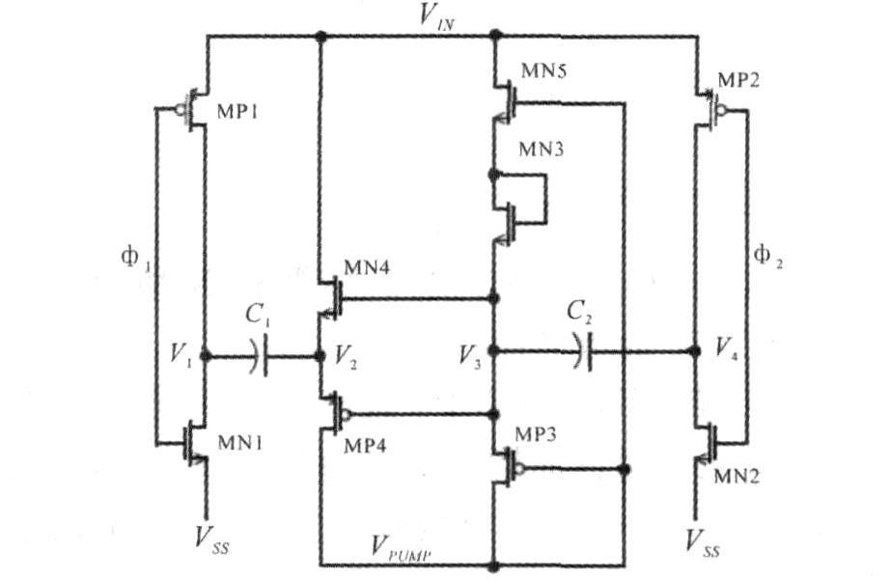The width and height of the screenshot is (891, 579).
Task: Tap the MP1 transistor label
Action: click(237, 112)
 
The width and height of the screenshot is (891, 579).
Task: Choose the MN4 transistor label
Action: click(367, 267)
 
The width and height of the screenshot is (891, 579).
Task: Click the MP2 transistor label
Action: click(738, 79)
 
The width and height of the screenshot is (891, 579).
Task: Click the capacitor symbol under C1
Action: click(258, 356)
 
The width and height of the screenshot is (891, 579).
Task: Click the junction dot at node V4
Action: click(695, 351)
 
